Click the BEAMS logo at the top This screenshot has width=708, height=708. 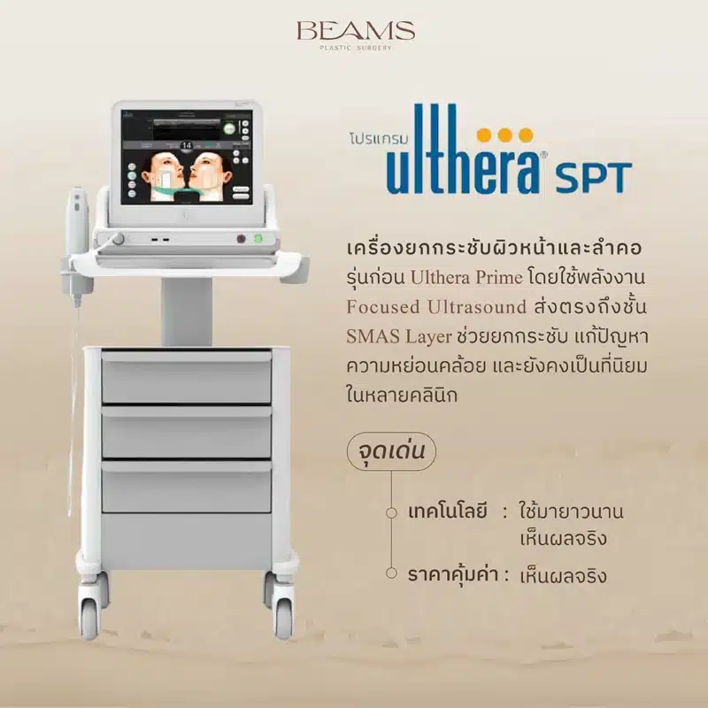click(355, 32)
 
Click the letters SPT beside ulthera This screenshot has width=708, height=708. click(594, 177)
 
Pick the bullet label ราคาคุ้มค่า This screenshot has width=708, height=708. click(447, 575)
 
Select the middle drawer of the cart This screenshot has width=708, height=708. click(186, 433)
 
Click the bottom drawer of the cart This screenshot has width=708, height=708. click(186, 488)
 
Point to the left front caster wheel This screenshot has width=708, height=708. click(90, 611)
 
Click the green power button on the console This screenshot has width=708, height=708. click(259, 238)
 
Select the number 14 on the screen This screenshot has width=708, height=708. click(187, 144)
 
